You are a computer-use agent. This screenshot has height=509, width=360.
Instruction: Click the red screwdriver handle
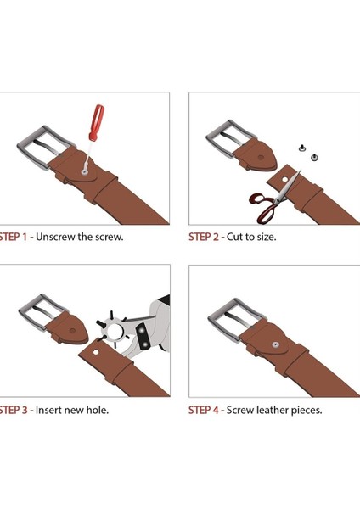point(97,122)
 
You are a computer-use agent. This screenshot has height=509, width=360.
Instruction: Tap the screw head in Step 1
point(84,171)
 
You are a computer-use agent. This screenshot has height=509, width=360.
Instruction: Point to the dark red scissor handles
point(264,208)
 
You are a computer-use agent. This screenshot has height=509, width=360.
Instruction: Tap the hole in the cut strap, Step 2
point(285,179)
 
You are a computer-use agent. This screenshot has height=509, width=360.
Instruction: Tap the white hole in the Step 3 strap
point(96,352)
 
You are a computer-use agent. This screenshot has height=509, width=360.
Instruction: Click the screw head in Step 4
point(276,344)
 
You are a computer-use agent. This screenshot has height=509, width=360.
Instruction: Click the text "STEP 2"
point(204,237)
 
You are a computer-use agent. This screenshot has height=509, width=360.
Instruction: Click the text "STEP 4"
point(204,410)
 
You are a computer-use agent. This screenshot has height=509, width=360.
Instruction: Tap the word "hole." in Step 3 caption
point(98,410)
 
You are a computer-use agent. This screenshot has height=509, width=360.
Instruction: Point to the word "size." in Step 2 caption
point(267,237)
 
